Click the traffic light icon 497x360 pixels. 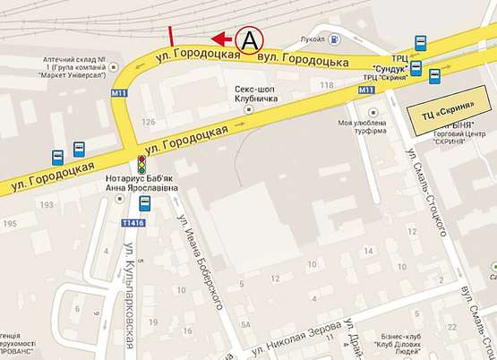point(141,165)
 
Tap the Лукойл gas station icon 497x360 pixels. point(334,39)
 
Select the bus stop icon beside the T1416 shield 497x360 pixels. point(145,203)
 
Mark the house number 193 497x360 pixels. point(43,206)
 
